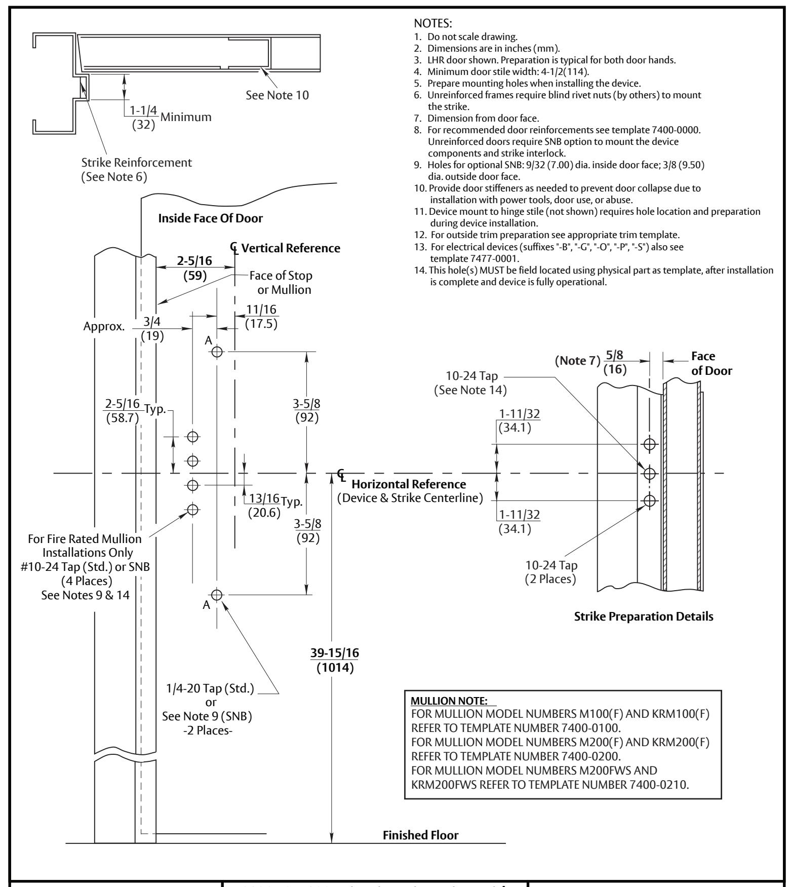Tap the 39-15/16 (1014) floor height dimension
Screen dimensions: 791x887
point(335,661)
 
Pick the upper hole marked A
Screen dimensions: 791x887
point(217,352)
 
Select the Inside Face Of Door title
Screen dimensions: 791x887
point(211,219)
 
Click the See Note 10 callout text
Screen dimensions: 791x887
point(277,95)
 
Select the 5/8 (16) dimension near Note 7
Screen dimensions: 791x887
point(615,363)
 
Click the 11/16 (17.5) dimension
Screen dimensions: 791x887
point(261,317)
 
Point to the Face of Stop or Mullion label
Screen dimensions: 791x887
point(281,283)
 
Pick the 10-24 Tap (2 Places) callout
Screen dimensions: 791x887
point(550,572)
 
